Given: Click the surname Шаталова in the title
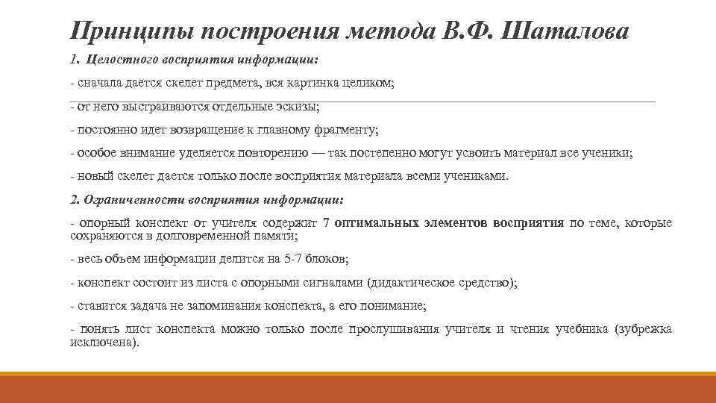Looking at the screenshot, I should click(567, 31).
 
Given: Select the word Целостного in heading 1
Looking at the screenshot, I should click(119, 59).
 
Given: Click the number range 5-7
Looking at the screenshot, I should click(295, 259).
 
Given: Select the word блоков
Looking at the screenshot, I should click(327, 259).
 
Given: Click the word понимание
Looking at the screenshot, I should click(392, 306).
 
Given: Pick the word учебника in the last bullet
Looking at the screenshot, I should click(582, 330).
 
